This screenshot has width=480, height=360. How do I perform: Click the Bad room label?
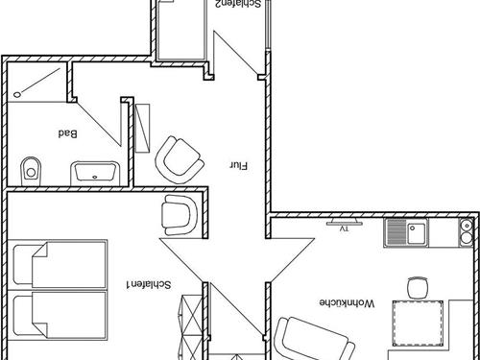coord(67,133)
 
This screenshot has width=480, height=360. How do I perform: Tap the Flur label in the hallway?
coord(239,166)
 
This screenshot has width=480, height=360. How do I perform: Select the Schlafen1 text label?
coord(149,284)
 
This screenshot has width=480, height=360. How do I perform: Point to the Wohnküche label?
coord(347,302)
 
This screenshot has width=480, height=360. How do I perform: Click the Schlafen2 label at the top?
coord(238,4)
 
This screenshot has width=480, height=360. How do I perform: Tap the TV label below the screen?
coord(344,228)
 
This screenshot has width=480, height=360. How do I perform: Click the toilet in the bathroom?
coord(31,171)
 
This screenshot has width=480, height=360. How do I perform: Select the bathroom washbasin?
coord(95,174)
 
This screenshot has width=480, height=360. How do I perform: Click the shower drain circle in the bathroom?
coord(17,94)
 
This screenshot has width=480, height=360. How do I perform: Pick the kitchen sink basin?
coord(417,231)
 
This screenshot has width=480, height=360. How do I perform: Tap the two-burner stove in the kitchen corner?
coord(467,232)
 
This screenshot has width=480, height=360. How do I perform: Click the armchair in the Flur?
coord(180,159)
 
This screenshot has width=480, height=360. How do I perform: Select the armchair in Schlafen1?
coord(180,215)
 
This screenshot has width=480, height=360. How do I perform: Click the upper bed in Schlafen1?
coord(60,265)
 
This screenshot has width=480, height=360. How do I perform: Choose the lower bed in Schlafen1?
coord(60,315)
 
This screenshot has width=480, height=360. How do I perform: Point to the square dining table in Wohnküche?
coord(418,324)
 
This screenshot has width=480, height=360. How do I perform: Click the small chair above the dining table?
coord(418,287)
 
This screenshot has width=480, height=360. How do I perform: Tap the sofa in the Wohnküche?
coord(314,339)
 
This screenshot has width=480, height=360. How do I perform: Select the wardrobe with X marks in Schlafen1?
coord(192,327)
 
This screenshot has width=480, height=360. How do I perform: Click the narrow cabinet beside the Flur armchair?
coord(142,128)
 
